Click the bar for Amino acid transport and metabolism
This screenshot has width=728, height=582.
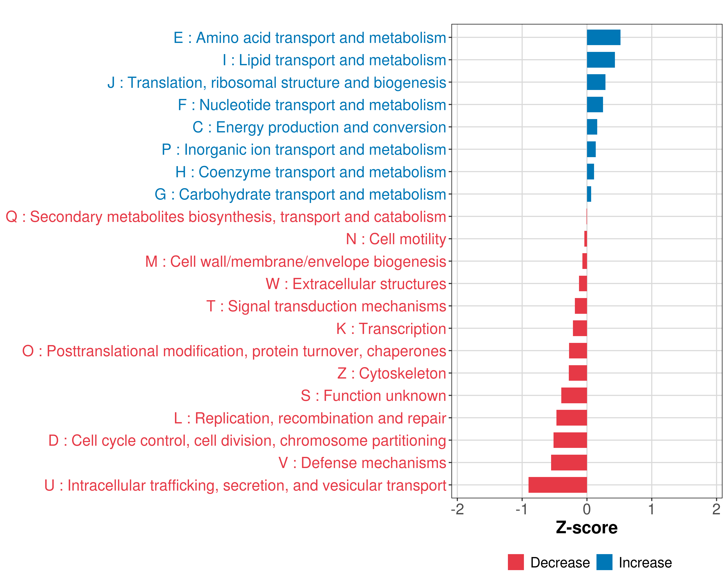(x=604, y=37)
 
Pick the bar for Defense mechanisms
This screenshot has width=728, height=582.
(x=569, y=462)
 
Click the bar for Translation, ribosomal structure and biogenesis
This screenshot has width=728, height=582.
(x=596, y=82)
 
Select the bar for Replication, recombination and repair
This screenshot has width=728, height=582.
(x=572, y=418)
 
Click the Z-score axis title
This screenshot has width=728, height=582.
(x=587, y=528)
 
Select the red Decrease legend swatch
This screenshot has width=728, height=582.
(x=516, y=562)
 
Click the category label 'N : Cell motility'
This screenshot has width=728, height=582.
(x=396, y=239)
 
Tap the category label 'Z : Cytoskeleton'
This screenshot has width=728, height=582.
(x=392, y=373)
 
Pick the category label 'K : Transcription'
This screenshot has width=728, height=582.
(x=391, y=329)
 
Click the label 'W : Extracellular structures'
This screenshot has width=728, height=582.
(x=356, y=284)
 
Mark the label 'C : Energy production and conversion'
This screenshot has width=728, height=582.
(x=319, y=127)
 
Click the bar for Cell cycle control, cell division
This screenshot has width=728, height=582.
(x=570, y=440)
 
